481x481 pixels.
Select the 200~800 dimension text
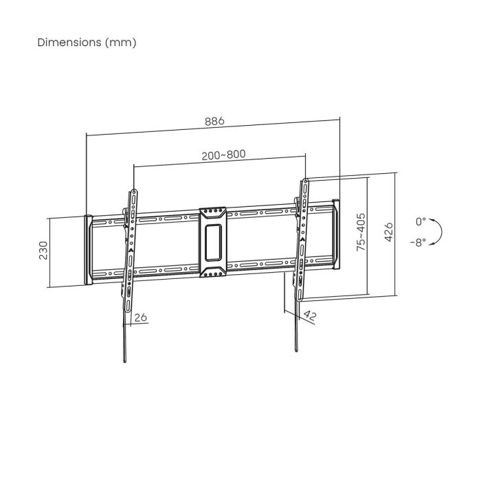pos(224,155)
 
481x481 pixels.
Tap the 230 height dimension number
pos(43,251)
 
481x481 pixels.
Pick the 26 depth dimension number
pos(141,317)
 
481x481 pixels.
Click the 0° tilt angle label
pos(421,222)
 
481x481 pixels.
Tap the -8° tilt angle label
pos(417,242)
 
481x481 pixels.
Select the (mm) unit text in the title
pos(121,43)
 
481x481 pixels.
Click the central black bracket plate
pos(212,242)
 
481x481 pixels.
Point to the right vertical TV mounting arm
pos(300,237)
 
